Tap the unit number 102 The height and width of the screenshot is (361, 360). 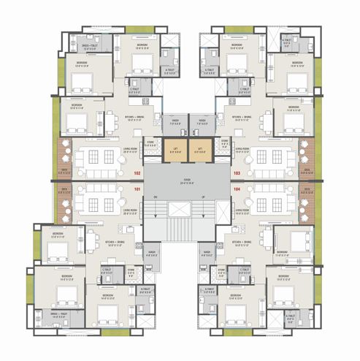click(136, 173)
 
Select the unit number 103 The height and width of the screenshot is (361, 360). click(237, 173)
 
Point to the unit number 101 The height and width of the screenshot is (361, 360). click(136, 189)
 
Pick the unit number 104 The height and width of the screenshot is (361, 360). click(237, 189)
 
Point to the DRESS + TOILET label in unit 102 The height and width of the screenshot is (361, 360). click(93, 38)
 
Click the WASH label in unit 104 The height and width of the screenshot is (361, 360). click(207, 254)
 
